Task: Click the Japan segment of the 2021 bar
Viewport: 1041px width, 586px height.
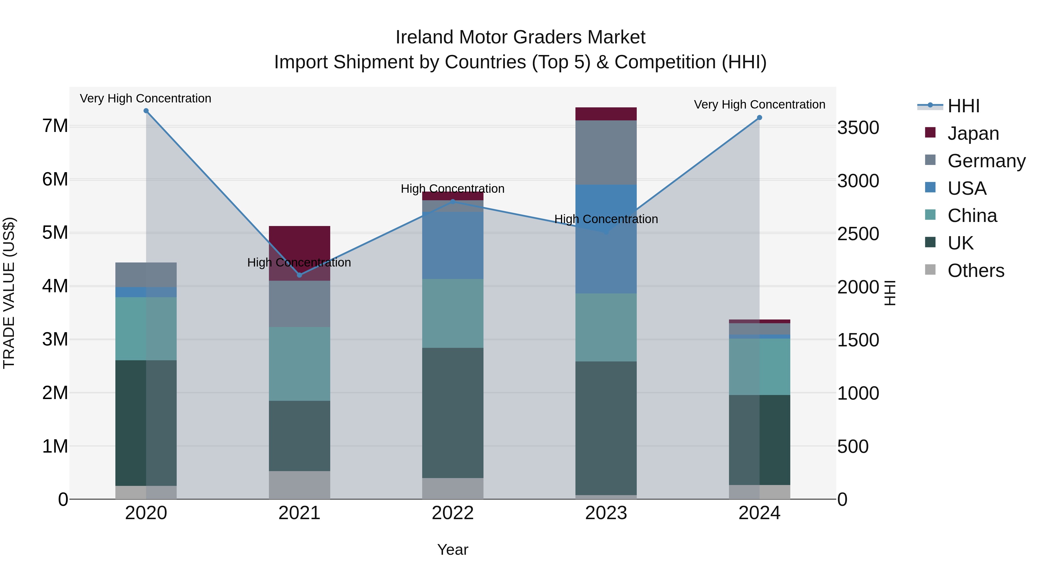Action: click(300, 243)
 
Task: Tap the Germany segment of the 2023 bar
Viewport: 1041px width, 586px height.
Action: click(606, 153)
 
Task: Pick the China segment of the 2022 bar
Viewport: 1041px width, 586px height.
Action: click(453, 313)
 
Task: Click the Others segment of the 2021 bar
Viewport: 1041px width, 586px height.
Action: click(300, 485)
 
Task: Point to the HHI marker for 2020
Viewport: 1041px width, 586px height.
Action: click(146, 111)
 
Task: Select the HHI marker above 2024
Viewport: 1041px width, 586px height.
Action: click(759, 118)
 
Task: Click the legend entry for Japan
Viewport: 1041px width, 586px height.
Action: click(973, 133)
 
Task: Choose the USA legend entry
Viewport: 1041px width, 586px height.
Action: click(967, 188)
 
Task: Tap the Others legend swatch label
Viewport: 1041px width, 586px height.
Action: click(976, 271)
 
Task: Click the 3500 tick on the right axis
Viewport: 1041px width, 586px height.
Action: click(858, 128)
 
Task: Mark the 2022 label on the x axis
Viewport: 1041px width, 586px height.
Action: click(453, 513)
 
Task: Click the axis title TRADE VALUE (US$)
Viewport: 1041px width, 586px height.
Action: click(9, 293)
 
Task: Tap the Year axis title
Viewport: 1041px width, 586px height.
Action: click(453, 550)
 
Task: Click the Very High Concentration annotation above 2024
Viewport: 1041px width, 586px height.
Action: click(759, 104)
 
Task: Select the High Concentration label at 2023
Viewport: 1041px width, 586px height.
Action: click(606, 219)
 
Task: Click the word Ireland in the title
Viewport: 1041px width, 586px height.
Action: click(424, 37)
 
